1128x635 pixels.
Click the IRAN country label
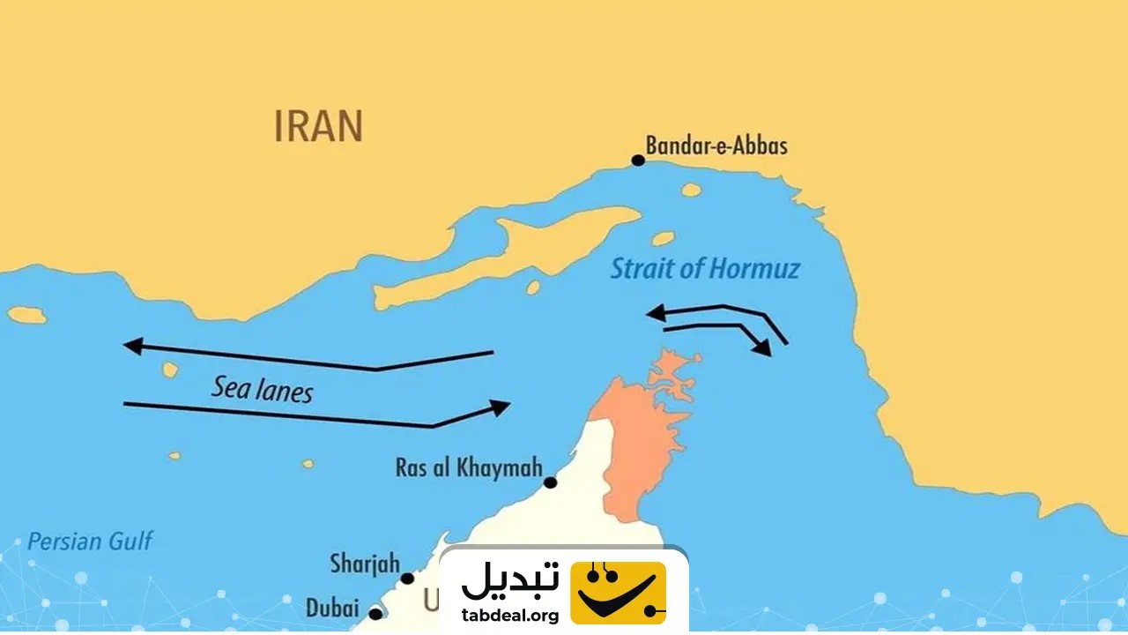click(x=318, y=127)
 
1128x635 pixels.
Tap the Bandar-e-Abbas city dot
click(x=638, y=161)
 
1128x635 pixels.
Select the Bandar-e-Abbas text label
click(x=716, y=145)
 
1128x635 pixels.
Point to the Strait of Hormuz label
click(x=705, y=268)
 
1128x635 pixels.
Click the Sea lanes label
click(x=262, y=389)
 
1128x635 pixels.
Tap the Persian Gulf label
click(x=90, y=541)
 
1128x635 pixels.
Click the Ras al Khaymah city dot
click(x=550, y=482)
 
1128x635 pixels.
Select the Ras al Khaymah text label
click(x=468, y=467)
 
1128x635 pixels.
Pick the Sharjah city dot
click(x=407, y=579)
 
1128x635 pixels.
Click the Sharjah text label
click(x=365, y=563)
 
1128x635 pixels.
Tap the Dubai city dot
click(x=375, y=613)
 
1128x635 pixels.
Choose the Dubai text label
click(x=332, y=608)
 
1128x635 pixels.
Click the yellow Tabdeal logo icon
click(x=619, y=592)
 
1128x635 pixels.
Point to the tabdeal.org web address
click(x=510, y=616)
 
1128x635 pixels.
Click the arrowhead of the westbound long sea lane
click(x=132, y=346)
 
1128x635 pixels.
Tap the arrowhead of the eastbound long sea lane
click(x=501, y=407)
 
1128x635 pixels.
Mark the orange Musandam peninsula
click(x=639, y=432)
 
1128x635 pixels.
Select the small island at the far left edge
click(x=26, y=315)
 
